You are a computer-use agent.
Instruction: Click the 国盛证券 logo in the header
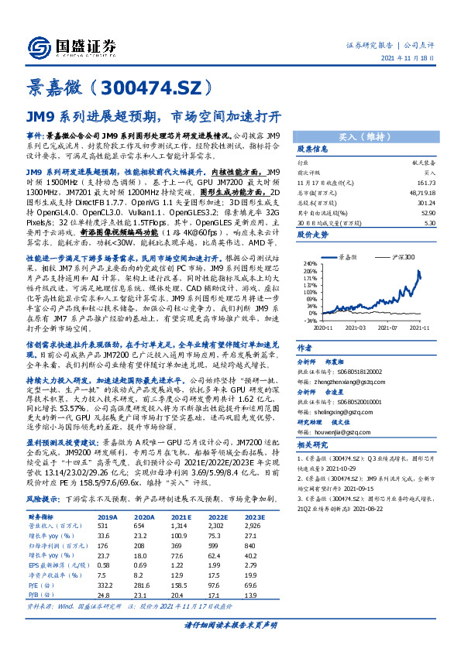click(x=71, y=45)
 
